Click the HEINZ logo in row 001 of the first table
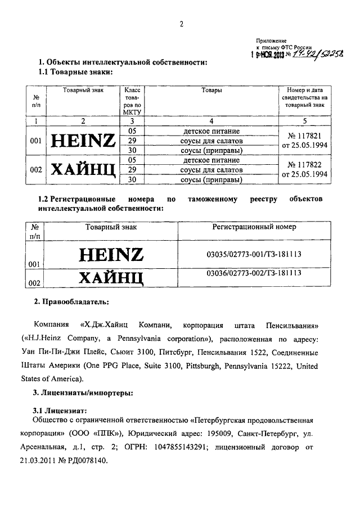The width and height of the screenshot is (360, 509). [83, 140]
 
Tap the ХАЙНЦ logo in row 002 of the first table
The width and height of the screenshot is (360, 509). [83, 169]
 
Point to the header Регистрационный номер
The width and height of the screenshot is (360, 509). [254, 227]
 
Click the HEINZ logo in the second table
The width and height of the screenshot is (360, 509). [111, 255]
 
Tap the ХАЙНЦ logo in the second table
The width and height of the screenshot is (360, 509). [111, 277]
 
